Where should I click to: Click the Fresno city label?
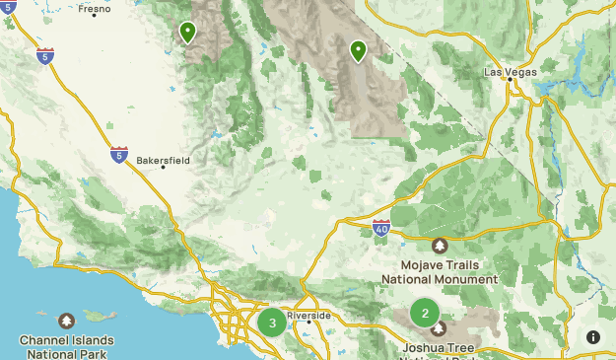point(96,9)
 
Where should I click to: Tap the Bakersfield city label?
point(163,160)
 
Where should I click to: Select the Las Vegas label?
point(510,72)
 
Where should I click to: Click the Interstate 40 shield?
point(381,229)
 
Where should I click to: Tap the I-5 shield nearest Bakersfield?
point(119,154)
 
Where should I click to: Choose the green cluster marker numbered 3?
point(272,323)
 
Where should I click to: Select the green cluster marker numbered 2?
point(425,315)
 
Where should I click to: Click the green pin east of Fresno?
point(187,32)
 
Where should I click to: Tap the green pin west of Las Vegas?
point(358,48)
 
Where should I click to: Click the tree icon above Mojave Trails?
point(440,246)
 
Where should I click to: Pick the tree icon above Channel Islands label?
point(66,322)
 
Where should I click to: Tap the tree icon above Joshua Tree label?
point(439,328)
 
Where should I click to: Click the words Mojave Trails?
point(440,265)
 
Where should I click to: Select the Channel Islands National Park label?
point(66,346)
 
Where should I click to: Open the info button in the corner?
point(593,337)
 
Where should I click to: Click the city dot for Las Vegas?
point(511,82)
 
